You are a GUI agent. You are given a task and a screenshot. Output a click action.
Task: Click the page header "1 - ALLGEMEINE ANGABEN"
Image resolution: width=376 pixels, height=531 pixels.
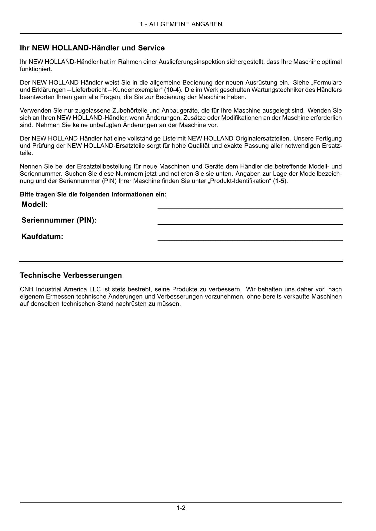pyautogui.click(x=181, y=24)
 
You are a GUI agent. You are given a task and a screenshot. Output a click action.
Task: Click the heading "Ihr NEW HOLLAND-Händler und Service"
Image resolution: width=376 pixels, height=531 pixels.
pyautogui.click(x=92, y=48)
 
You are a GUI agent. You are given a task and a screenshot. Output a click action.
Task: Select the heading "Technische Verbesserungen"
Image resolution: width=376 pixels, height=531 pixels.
pyautogui.click(x=71, y=275)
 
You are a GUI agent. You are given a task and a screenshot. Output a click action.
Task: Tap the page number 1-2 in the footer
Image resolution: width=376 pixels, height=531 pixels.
pyautogui.click(x=181, y=508)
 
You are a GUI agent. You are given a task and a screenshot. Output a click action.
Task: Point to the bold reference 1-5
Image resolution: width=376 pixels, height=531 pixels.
pyautogui.click(x=280, y=181)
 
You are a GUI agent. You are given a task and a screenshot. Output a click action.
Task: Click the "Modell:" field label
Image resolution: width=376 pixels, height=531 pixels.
pyautogui.click(x=35, y=205)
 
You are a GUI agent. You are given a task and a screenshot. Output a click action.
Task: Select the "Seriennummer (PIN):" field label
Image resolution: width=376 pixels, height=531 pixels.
pyautogui.click(x=59, y=220)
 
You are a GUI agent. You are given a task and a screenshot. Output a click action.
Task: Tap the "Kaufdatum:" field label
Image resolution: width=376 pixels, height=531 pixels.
pyautogui.click(x=42, y=237)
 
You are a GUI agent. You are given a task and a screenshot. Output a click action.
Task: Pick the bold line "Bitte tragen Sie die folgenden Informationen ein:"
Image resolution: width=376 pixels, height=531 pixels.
pyautogui.click(x=93, y=194)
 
